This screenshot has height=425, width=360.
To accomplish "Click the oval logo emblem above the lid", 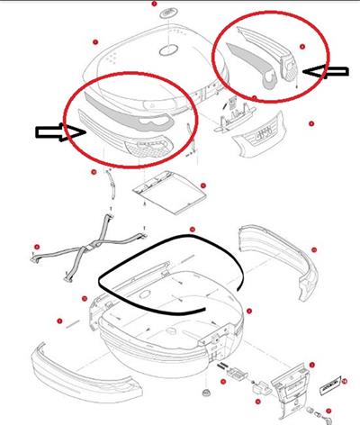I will [x=166, y=15].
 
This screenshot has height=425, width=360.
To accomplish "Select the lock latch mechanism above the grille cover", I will [x=237, y=113].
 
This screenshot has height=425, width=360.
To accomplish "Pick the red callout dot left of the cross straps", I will [x=36, y=246].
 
